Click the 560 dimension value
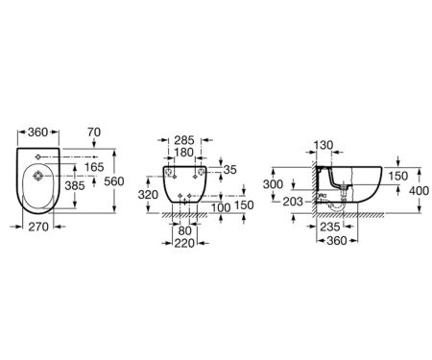pyautogui.click(x=114, y=181)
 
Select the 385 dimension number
pyautogui.click(x=75, y=185)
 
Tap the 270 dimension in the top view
pyautogui.click(x=38, y=227)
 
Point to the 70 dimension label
pyautogui.click(x=94, y=132)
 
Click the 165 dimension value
pyautogui.click(x=95, y=167)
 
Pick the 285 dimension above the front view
pyautogui.click(x=184, y=140)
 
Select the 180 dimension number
pyautogui.click(x=184, y=153)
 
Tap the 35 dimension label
pyautogui.click(x=229, y=170)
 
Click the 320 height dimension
pyautogui.click(x=148, y=195)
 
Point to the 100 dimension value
pyautogui.click(x=221, y=208)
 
